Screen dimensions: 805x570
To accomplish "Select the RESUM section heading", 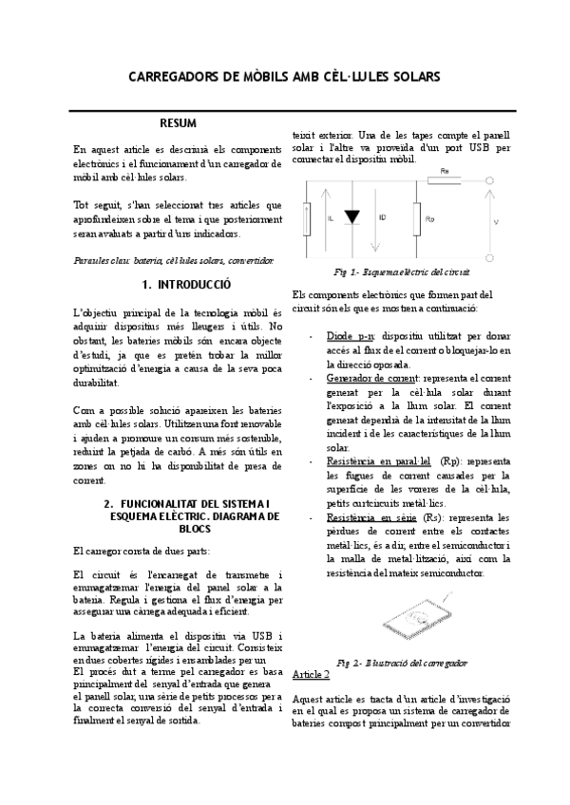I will point(178,123).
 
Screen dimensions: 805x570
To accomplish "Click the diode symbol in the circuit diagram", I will point(351,217).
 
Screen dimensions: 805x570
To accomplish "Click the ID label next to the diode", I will point(383,217).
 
